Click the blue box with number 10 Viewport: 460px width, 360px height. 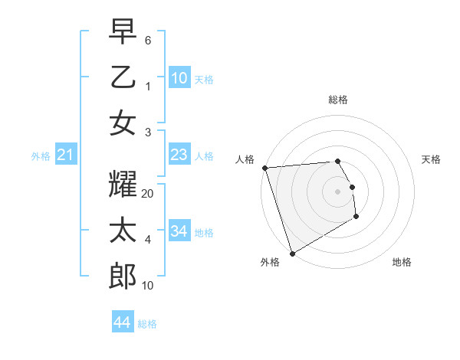pos(179,77)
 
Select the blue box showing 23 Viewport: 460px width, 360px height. pos(179,155)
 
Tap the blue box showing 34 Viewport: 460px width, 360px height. pos(179,231)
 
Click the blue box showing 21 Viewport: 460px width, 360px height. pos(66,155)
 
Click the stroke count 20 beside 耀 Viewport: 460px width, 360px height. pos(148,194)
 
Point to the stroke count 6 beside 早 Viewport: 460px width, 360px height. pos(148,39)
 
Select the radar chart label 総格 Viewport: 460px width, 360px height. pos(338,100)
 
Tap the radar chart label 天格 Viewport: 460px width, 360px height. pos(431,159)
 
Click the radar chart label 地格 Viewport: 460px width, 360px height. pos(402,262)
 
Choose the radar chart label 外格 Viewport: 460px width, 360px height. pos(270,262)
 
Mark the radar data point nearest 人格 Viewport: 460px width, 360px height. pos(264,168)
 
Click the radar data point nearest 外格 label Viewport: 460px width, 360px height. pos(292,253)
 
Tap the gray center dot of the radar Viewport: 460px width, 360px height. pos(338,191)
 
